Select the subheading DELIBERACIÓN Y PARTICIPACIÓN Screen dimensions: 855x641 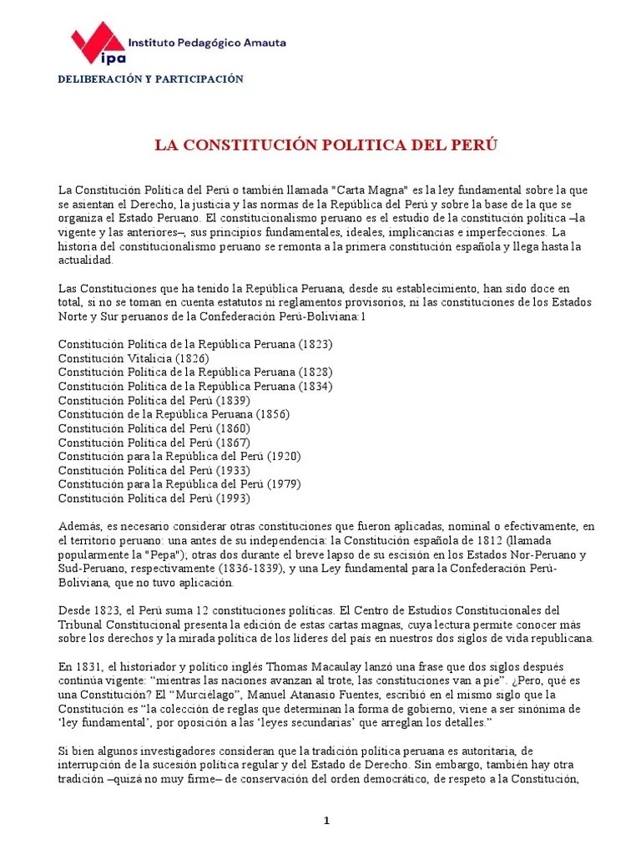150,79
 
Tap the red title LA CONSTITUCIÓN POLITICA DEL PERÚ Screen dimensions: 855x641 326,145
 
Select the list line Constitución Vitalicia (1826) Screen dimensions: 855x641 134,357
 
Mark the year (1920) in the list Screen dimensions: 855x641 283,456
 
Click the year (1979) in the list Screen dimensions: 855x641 283,484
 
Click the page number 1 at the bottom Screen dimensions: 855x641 327,821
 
